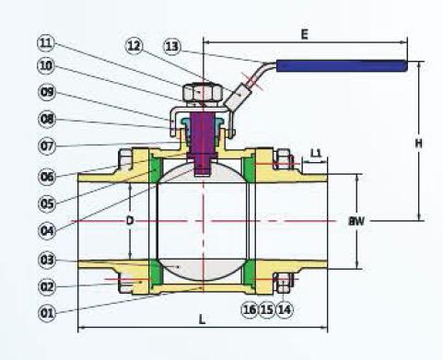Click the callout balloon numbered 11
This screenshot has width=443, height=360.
[46, 43]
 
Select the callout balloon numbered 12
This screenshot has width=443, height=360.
[134, 46]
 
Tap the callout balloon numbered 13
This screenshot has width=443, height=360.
[172, 47]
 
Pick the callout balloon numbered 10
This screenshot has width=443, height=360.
[46, 65]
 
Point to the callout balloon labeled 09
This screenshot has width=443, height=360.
[47, 92]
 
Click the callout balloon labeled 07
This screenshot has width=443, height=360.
[47, 145]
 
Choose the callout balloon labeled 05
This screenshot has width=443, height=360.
[47, 203]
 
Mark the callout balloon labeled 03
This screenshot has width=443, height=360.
[47, 261]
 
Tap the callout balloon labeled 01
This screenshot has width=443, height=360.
[47, 313]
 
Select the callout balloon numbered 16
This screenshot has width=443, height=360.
[250, 309]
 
